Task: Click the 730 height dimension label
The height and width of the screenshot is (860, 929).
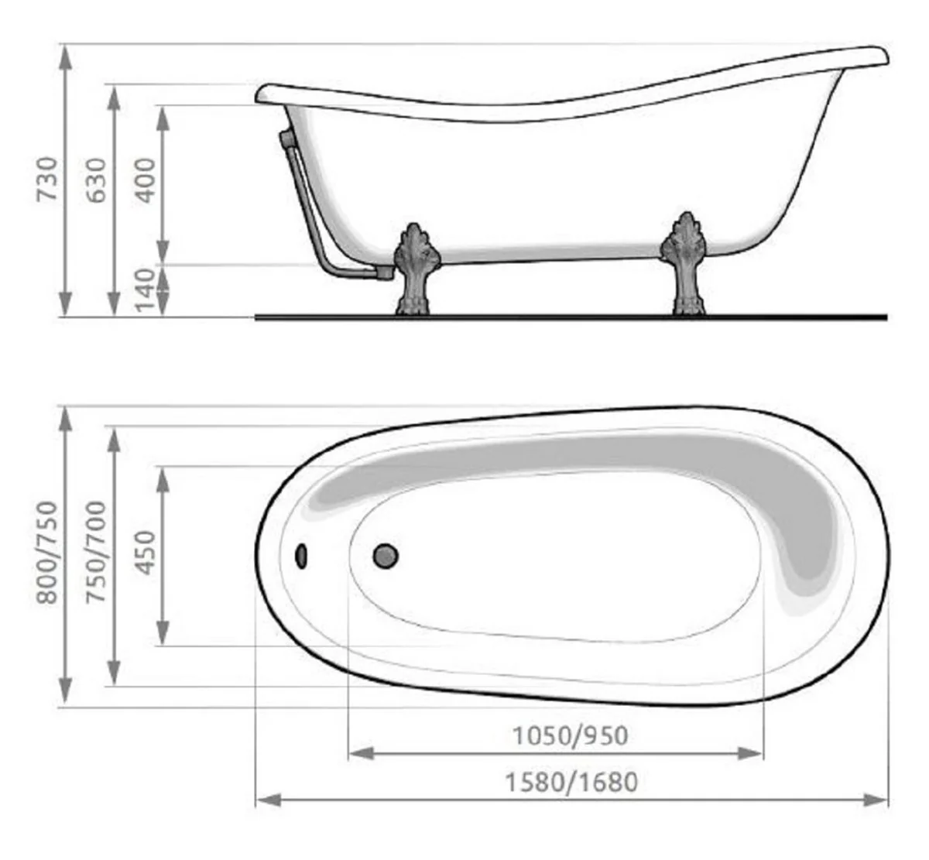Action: [x=47, y=179]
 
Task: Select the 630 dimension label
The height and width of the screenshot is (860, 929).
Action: [x=96, y=180]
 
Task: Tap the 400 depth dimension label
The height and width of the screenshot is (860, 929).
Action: [x=145, y=180]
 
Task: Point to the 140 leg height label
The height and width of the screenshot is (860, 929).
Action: [x=145, y=291]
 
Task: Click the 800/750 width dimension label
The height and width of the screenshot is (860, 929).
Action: [x=47, y=552]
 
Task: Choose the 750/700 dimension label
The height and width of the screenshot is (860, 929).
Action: [x=96, y=552]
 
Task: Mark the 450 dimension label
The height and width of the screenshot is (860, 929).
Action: [x=145, y=553]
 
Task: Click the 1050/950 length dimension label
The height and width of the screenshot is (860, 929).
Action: [x=570, y=735]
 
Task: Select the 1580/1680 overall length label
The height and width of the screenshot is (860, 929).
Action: [x=571, y=782]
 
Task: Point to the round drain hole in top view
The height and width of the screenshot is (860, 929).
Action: [x=386, y=555]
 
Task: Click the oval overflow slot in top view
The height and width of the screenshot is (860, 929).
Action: [x=301, y=555]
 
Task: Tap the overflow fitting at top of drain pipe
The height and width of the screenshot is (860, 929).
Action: [x=286, y=139]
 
